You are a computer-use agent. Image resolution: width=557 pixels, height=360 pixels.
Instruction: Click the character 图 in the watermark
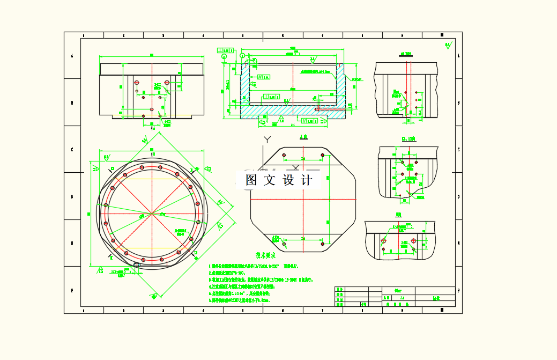[250, 180]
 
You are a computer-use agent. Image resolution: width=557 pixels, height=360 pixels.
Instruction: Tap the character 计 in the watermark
[307, 180]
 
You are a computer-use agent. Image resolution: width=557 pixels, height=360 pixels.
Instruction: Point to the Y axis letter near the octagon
[266, 141]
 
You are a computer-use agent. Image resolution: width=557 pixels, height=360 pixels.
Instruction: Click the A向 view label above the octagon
[303, 137]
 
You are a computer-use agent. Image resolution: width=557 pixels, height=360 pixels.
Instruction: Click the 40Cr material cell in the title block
[398, 290]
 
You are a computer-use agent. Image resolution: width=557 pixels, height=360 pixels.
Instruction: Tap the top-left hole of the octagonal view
[284, 156]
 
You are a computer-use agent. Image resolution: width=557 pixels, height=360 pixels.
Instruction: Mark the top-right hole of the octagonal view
[322, 156]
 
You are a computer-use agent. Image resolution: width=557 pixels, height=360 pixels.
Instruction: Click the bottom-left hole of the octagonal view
[284, 244]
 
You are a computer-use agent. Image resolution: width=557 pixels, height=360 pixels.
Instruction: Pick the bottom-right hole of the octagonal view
[322, 244]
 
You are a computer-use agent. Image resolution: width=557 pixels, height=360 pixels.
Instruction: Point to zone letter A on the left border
[72, 56]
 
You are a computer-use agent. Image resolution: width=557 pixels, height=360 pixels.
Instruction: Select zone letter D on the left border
[72, 196]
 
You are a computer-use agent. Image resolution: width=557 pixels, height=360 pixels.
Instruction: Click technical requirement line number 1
[210, 266]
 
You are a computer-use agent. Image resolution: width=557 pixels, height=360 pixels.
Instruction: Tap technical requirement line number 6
[210, 301]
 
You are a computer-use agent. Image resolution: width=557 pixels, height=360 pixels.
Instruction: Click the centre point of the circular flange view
[152, 214]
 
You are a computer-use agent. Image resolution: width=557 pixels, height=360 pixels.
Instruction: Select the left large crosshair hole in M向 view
[384, 240]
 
